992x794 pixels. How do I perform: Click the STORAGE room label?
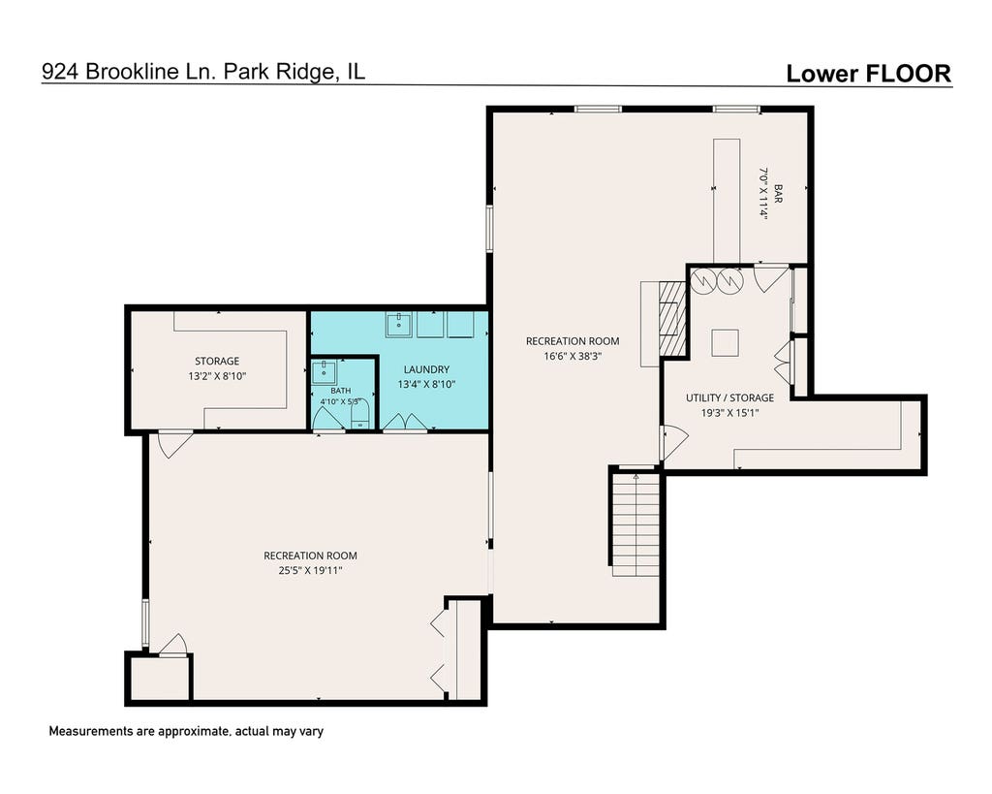[x=217, y=361]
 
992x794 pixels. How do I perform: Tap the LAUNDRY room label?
[x=426, y=369]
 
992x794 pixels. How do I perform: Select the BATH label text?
[x=340, y=391]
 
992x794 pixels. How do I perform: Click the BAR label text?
[x=778, y=194]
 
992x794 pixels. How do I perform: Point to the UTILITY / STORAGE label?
[x=730, y=397]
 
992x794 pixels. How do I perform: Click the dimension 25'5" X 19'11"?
[x=311, y=570]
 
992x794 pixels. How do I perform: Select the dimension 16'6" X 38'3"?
[x=573, y=356]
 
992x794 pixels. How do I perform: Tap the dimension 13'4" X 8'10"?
[x=426, y=384]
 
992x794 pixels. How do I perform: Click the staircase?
[x=636, y=523]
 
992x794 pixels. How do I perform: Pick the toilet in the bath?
[x=360, y=415]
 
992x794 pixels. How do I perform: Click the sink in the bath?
[x=325, y=371]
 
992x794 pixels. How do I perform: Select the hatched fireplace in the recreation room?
[x=672, y=317]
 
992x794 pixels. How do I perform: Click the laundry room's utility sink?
[x=398, y=325]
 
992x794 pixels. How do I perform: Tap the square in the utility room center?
[x=725, y=342]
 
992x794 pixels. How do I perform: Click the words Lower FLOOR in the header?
[x=869, y=74]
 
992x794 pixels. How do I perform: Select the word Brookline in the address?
[x=132, y=72]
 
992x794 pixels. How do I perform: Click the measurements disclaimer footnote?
[x=186, y=731]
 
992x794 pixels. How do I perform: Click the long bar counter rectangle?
[x=727, y=202]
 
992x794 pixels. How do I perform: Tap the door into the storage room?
[x=174, y=443]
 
